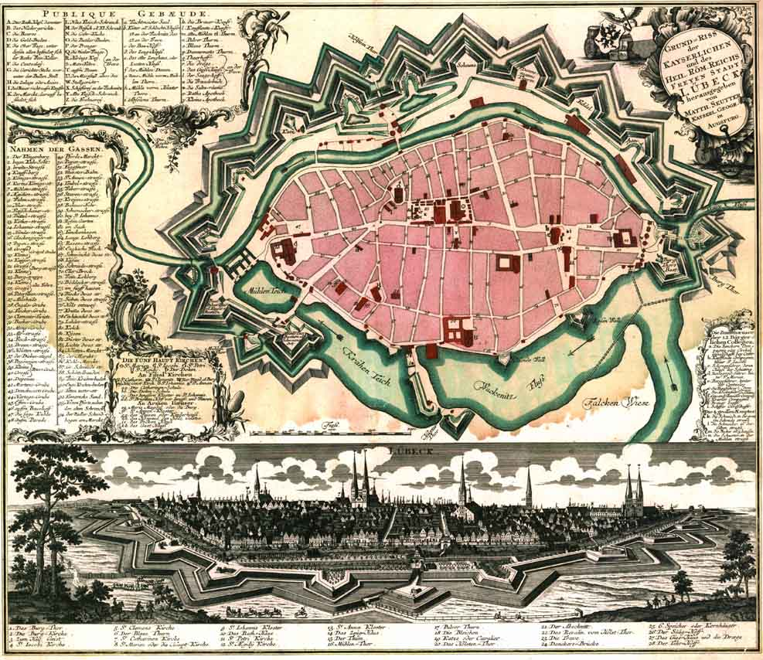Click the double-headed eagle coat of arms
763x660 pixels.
611,32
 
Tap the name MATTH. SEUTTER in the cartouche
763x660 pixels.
703,111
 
